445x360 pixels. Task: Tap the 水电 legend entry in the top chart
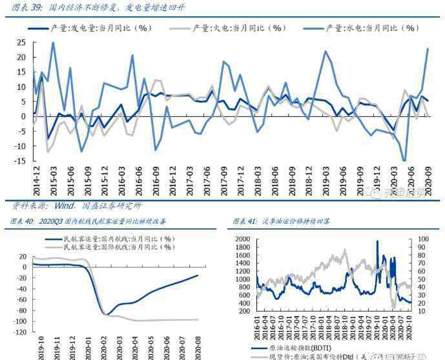pos(371,28)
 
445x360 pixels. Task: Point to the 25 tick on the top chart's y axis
pos(21,43)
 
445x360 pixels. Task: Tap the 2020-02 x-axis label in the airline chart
pos(101,347)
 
